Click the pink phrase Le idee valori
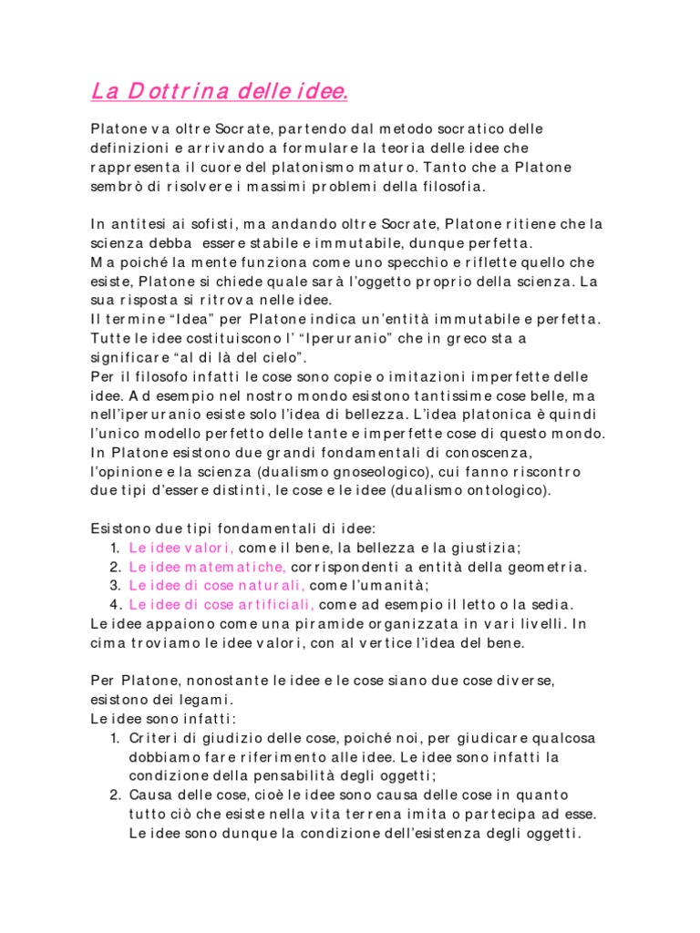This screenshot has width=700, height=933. pos(181,548)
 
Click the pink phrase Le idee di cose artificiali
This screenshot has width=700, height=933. pos(221,604)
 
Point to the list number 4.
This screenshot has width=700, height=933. pos(116,604)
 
